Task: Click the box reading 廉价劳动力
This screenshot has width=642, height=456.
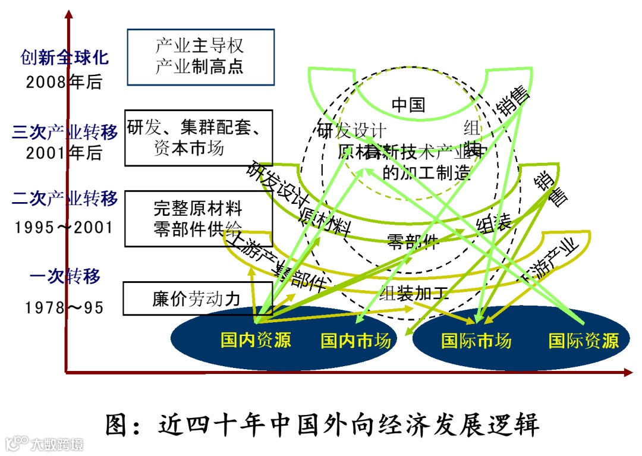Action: pyautogui.click(x=197, y=298)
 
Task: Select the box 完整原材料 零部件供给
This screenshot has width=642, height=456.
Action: pyautogui.click(x=198, y=218)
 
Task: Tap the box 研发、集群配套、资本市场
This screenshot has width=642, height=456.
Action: pyautogui.click(x=198, y=138)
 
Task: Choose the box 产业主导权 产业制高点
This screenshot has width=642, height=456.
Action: pyautogui.click(x=200, y=56)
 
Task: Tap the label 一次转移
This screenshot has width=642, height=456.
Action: pyautogui.click(x=65, y=276)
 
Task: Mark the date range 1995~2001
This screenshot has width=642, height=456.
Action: pyautogui.click(x=64, y=227)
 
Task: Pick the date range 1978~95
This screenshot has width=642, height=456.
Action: pyautogui.click(x=64, y=307)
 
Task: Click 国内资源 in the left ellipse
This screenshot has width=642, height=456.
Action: pyautogui.click(x=256, y=340)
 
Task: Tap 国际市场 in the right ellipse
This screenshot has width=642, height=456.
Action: pyautogui.click(x=476, y=340)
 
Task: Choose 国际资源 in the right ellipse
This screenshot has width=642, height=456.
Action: pyautogui.click(x=583, y=340)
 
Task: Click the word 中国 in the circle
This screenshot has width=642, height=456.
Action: pyautogui.click(x=408, y=105)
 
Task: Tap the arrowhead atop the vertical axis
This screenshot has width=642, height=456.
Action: pyautogui.click(x=70, y=15)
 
